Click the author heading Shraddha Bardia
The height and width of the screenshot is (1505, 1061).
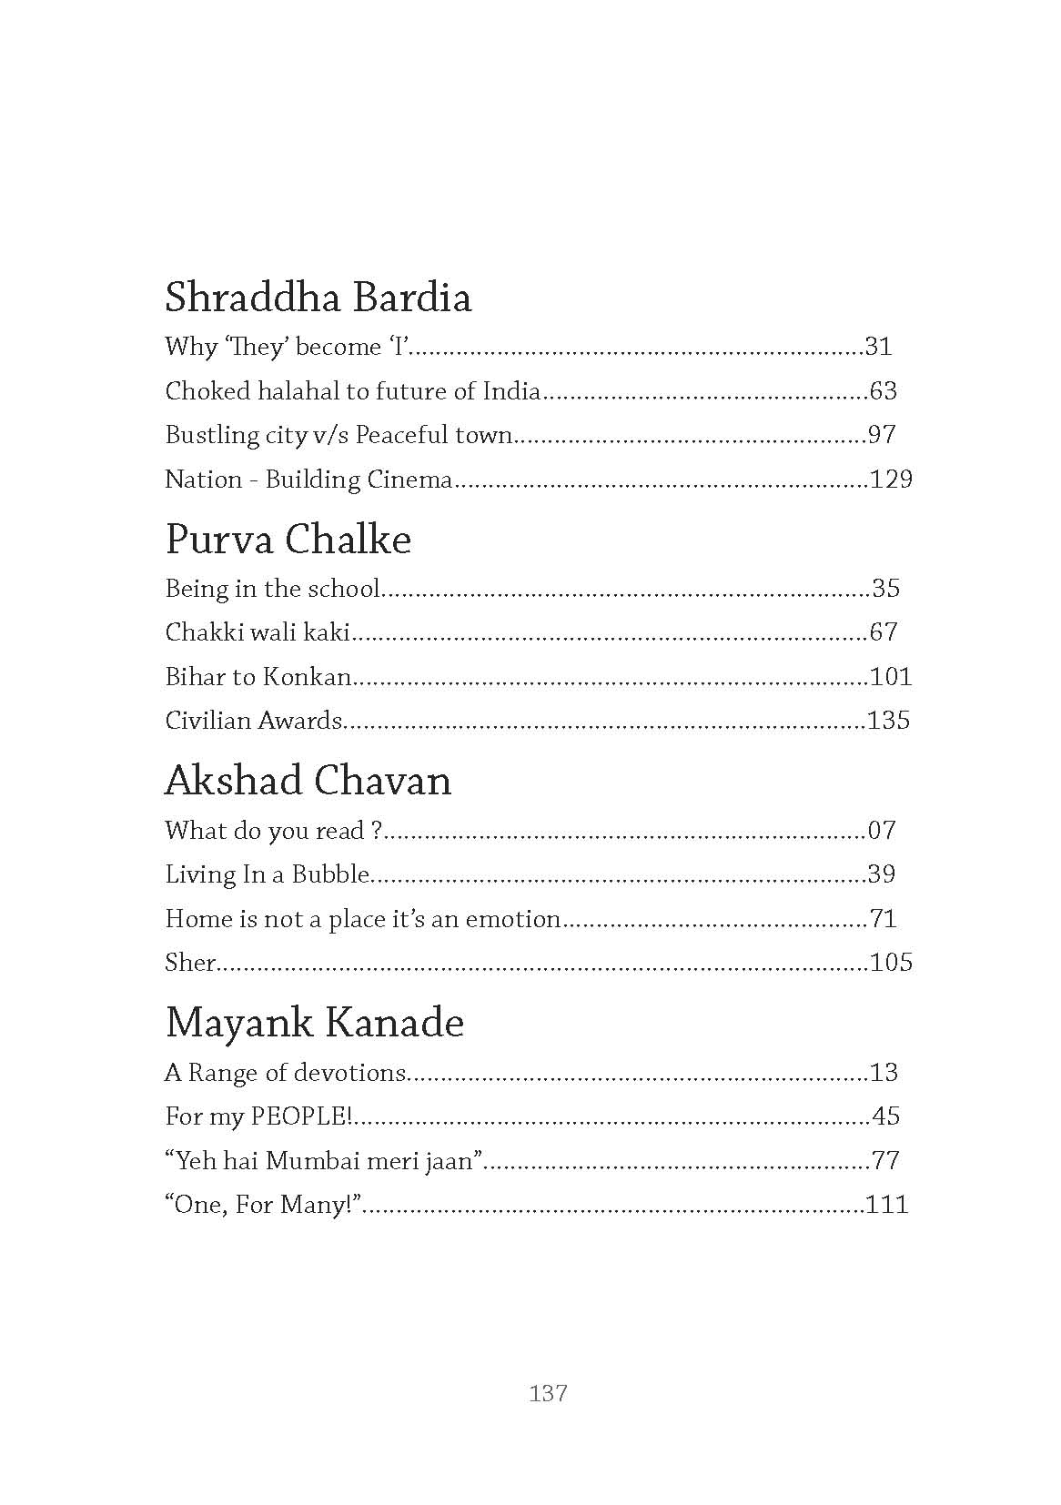(318, 298)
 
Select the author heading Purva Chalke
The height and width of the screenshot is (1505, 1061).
(288, 540)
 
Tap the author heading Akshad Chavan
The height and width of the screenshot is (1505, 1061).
(308, 781)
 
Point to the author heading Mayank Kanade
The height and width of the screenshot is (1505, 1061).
(314, 1023)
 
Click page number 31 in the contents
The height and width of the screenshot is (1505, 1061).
(878, 347)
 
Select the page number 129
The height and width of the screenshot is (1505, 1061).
(891, 480)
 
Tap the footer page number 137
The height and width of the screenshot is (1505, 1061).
(548, 1392)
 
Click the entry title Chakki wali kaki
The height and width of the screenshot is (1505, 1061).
(258, 631)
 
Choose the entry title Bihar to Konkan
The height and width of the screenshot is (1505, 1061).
(258, 676)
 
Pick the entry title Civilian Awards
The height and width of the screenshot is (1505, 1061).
(253, 721)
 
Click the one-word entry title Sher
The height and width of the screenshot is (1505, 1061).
(189, 963)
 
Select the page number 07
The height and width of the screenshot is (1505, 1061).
(882, 830)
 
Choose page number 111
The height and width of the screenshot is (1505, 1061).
(887, 1205)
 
